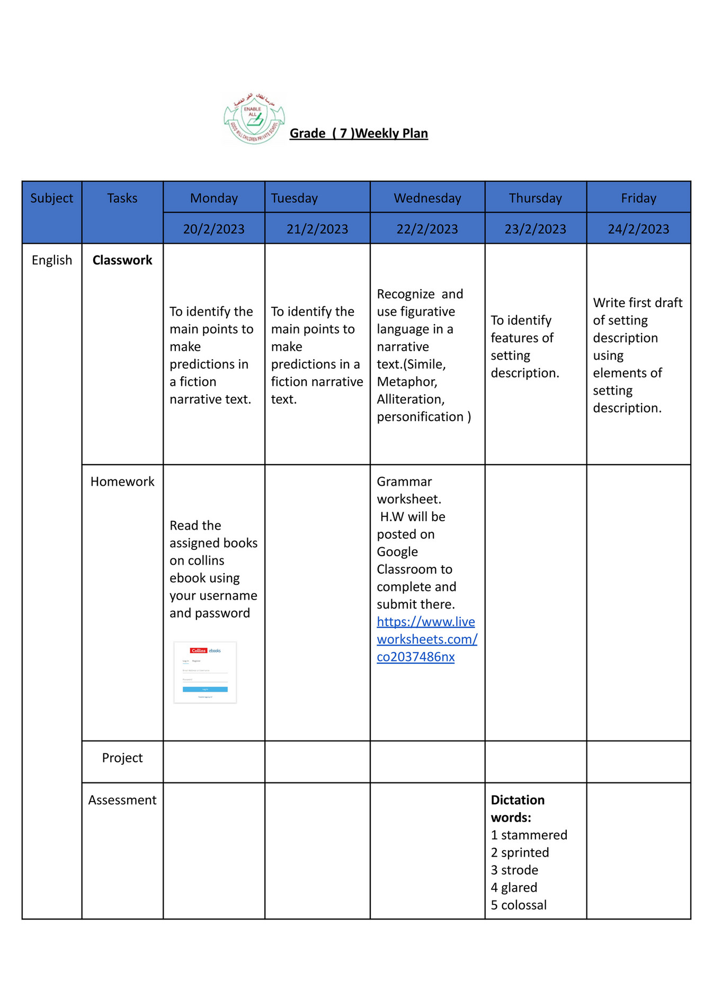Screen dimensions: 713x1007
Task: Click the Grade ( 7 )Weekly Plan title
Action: [359, 133]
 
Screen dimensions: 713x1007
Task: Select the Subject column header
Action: [51, 198]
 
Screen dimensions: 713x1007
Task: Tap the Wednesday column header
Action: [427, 198]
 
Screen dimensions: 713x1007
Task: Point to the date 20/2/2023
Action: [213, 229]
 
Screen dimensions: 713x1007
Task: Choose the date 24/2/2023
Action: [638, 229]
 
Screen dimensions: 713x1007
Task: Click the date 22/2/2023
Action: [427, 229]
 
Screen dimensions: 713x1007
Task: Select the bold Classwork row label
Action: [122, 260]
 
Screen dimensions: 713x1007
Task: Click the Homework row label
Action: [122, 482]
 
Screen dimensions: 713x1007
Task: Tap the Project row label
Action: [122, 758]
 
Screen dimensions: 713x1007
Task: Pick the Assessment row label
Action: [122, 800]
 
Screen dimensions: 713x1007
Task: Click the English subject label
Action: [51, 260]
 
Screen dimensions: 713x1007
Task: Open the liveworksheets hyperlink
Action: [426, 639]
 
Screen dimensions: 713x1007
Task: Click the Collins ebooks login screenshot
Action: [205, 672]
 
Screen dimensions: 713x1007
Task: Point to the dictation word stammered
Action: [534, 835]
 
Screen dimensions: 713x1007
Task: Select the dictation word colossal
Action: [523, 905]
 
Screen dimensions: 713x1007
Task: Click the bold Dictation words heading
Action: [517, 808]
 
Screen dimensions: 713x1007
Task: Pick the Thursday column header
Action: [535, 198]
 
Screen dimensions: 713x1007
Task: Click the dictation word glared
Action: [519, 887]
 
